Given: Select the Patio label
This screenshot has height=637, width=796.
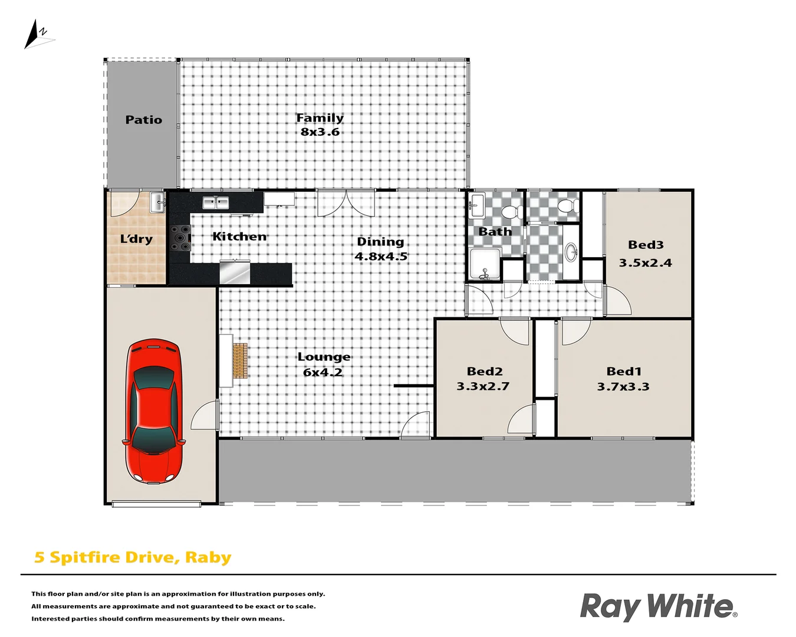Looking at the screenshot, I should (x=143, y=120).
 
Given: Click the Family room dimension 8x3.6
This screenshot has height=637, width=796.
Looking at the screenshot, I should (x=320, y=132).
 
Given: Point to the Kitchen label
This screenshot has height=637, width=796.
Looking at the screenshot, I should (x=239, y=237).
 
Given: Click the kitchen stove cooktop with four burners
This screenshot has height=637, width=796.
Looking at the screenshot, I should (x=181, y=238).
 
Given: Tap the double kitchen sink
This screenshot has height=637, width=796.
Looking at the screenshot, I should (x=216, y=203).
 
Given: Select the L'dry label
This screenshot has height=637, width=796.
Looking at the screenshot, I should (x=136, y=239).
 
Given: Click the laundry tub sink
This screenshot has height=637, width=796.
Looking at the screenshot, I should (x=157, y=202).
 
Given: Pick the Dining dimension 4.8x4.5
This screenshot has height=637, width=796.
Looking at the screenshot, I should (x=381, y=257).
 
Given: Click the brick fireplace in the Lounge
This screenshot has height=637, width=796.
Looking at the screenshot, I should (x=239, y=361).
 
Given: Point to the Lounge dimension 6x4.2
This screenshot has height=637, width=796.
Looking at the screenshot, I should (x=323, y=372).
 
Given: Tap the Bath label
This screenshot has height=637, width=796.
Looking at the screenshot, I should (x=495, y=232).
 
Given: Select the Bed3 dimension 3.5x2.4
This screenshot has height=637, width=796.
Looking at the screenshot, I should (x=645, y=263).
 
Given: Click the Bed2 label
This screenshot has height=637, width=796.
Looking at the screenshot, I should (x=485, y=371).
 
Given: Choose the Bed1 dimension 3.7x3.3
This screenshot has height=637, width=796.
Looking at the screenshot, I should (x=623, y=387).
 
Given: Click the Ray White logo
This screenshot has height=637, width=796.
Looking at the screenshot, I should (x=658, y=607).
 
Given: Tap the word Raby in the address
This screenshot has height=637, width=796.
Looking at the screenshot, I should (x=208, y=557).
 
